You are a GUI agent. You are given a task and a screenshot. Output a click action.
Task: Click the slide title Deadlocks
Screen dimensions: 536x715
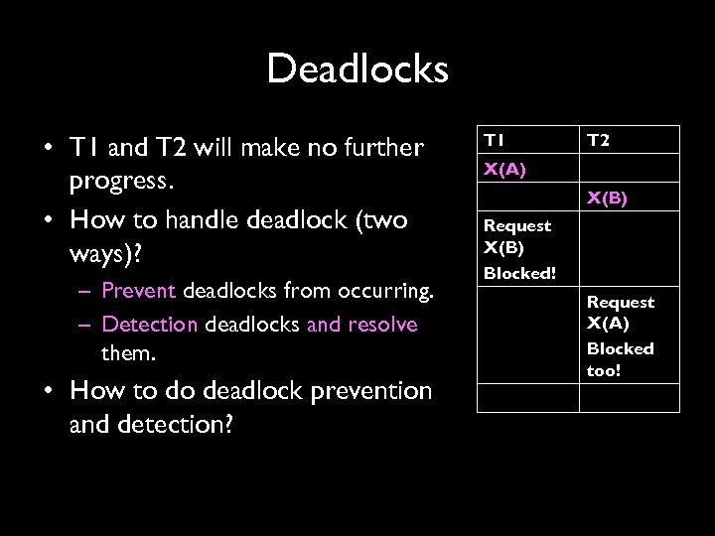357,69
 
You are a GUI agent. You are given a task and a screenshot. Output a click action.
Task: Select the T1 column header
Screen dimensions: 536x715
494,139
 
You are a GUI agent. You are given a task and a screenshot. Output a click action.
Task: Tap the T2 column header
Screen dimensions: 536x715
598,140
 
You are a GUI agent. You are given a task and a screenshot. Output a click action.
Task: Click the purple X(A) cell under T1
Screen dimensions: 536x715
504,169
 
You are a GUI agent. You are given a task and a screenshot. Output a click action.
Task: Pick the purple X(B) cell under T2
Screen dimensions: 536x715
607,198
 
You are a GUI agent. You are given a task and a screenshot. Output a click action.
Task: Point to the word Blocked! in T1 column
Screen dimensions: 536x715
519,273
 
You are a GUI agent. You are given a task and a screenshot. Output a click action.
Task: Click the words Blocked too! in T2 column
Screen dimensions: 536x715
620,359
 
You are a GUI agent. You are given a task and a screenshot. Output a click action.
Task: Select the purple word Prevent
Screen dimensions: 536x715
138,292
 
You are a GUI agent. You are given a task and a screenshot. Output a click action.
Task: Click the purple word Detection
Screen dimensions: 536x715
150,325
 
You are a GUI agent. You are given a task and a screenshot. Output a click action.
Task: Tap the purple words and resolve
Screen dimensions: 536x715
362,325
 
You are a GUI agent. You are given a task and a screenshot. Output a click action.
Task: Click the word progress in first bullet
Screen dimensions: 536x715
118,182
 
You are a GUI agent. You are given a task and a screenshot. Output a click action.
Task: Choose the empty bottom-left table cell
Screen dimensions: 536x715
527,397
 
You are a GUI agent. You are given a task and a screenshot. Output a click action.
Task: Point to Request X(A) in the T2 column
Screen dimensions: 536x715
620,312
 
